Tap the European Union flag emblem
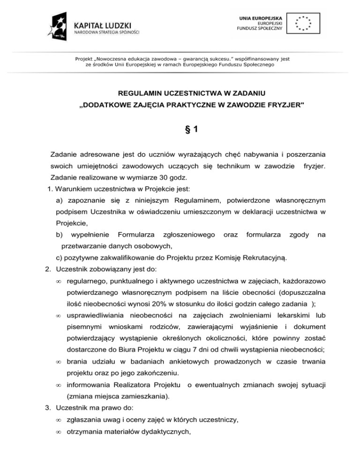[x=304, y=23]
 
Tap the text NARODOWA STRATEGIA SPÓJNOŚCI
[x=108, y=33]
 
